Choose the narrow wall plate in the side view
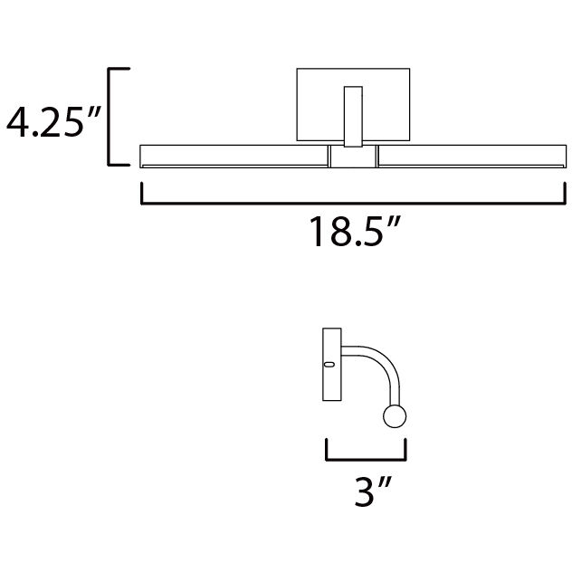[331, 366]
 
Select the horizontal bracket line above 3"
[366, 458]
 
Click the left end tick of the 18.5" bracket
[141, 194]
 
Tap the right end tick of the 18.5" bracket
[566, 194]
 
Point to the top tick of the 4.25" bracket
[119, 68]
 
